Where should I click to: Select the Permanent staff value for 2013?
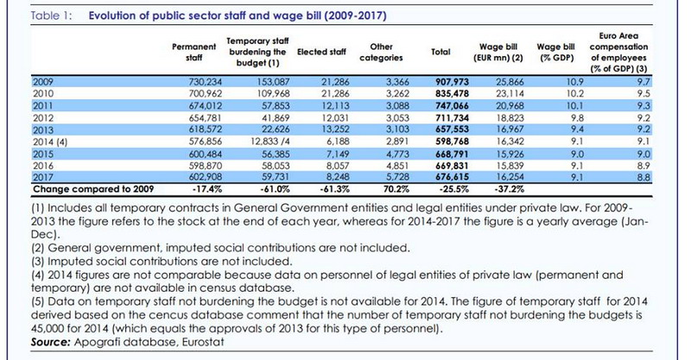(x=205, y=129)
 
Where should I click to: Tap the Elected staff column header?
(x=321, y=52)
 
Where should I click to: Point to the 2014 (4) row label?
(x=50, y=142)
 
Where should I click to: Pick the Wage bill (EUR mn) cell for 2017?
(x=510, y=177)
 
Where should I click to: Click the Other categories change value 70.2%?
(x=396, y=189)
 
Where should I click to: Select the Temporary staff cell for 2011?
(x=274, y=105)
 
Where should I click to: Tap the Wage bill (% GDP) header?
(x=555, y=52)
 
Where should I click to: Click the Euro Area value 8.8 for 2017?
(x=643, y=177)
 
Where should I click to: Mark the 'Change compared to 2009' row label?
(x=93, y=189)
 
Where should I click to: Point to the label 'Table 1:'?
(x=52, y=16)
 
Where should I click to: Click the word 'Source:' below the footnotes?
(x=51, y=343)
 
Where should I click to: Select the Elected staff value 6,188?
(x=338, y=142)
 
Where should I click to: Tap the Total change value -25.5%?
(x=454, y=189)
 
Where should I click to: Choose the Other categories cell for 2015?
(x=397, y=155)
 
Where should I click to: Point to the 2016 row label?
(x=42, y=166)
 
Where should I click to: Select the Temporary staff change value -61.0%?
(x=275, y=189)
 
